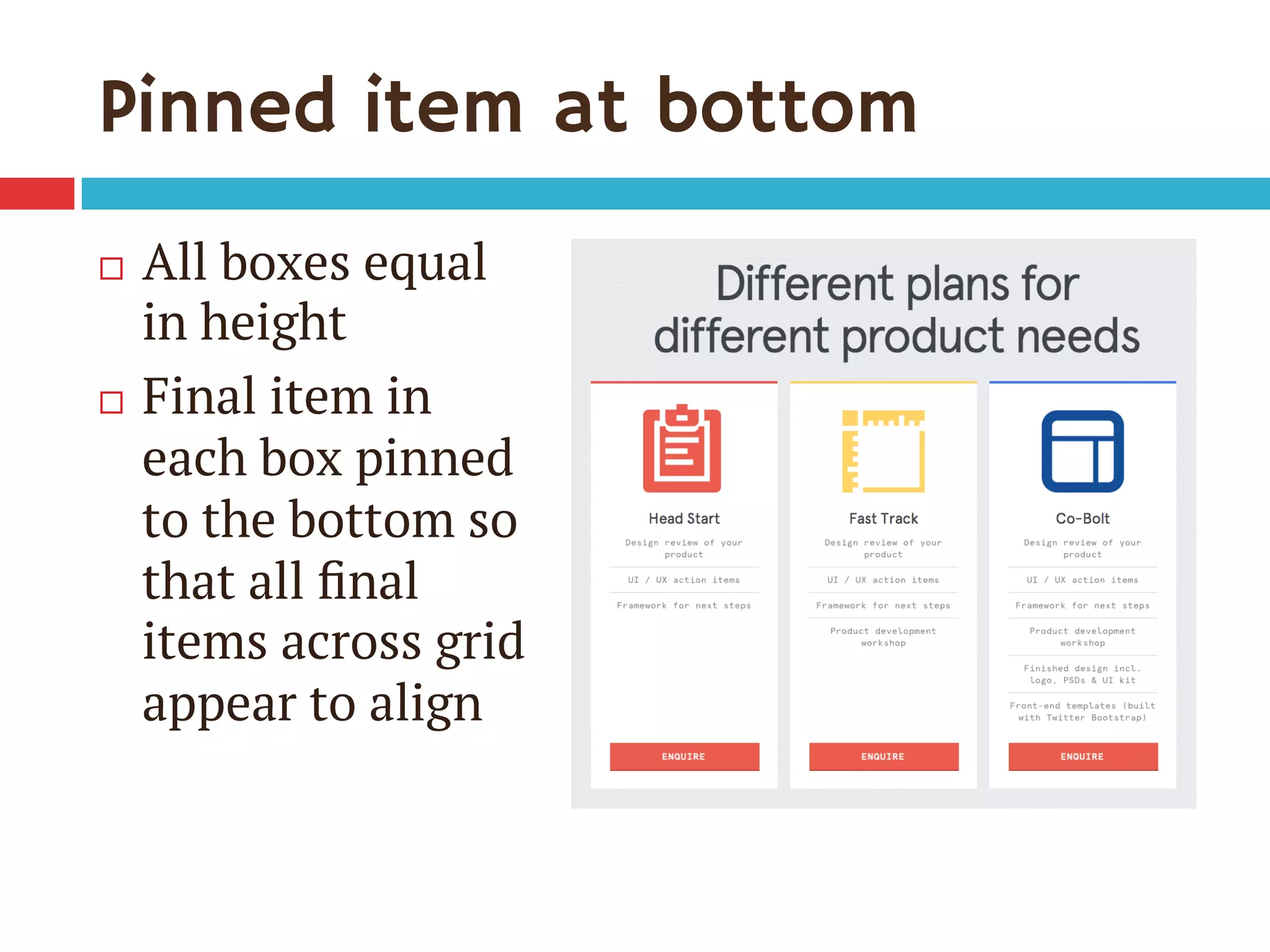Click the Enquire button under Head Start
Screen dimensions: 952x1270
tap(684, 756)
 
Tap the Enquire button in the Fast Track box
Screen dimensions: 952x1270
tap(883, 756)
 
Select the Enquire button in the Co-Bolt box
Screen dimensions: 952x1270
tap(1083, 756)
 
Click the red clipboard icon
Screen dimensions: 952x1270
tap(682, 450)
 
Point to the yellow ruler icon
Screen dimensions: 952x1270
tap(883, 451)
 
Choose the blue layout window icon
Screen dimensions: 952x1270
tap(1083, 451)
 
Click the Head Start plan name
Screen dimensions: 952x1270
tap(684, 518)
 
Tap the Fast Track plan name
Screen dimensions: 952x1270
tap(883, 518)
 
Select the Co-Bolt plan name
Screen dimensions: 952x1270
tap(1083, 518)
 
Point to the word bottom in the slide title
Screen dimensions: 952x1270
tap(786, 107)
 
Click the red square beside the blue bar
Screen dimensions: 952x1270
tap(37, 193)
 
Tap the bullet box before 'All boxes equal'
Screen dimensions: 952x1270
tap(112, 268)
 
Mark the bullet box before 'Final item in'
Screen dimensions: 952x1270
tap(112, 402)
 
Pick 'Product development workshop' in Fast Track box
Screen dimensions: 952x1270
tap(883, 637)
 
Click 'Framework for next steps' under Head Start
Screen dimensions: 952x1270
tap(684, 606)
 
